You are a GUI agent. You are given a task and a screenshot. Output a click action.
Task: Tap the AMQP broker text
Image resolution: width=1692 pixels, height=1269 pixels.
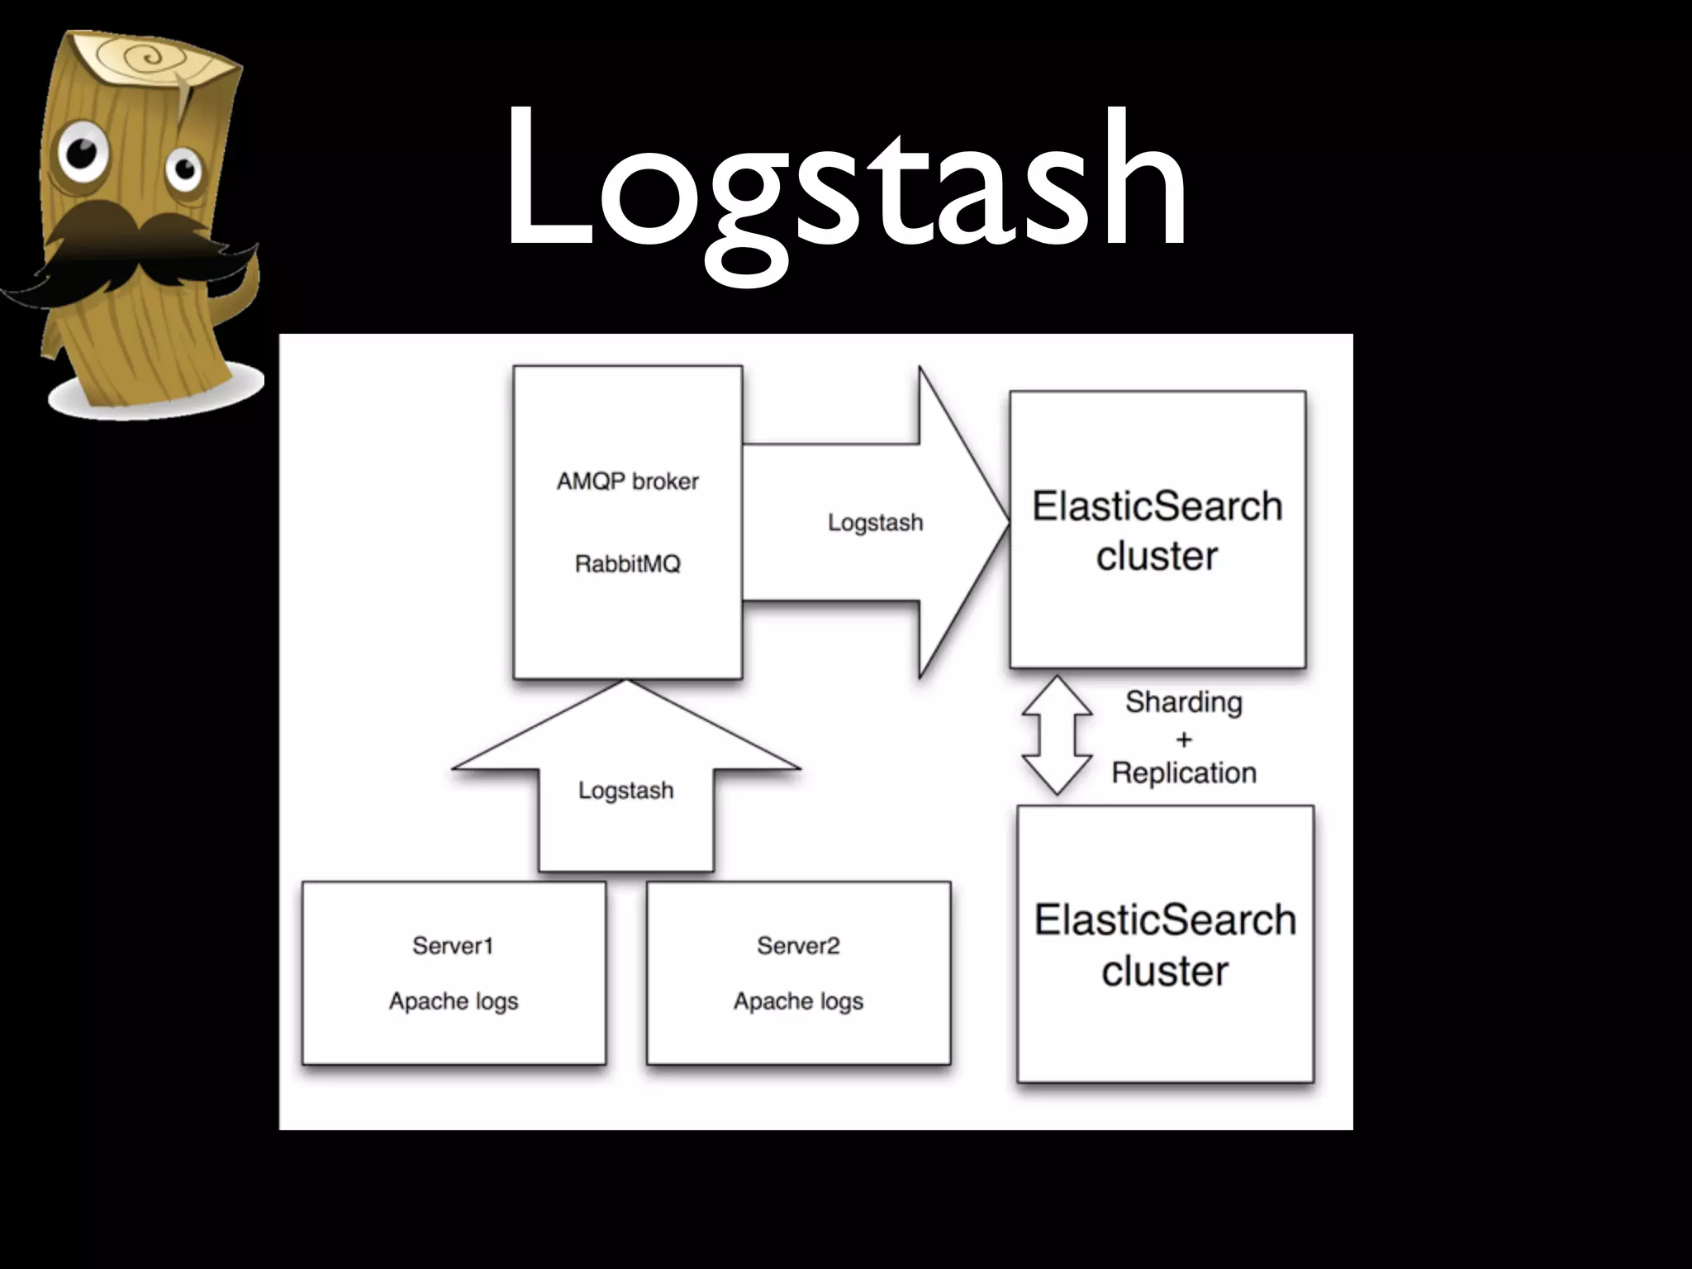[627, 481]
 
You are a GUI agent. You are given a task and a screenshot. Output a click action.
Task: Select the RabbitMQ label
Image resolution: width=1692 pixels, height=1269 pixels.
[627, 564]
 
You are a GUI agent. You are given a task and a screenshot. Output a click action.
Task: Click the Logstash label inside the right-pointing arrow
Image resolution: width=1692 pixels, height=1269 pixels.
[875, 522]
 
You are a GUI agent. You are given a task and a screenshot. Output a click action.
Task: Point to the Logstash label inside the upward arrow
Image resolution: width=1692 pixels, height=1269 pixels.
[625, 791]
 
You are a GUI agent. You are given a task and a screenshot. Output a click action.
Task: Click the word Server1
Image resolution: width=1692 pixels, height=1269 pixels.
[453, 945]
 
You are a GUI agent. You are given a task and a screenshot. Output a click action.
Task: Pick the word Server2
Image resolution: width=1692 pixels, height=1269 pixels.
[798, 945]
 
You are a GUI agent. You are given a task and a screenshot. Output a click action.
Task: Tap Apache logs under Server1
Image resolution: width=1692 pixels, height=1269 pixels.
[454, 1001]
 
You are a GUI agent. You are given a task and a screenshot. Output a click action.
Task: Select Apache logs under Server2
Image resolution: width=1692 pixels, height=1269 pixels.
[798, 1001]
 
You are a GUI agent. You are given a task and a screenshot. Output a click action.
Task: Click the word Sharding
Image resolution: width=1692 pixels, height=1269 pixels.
[1183, 702]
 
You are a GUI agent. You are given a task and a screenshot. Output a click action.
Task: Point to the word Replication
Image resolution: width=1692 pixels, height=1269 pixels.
[1183, 773]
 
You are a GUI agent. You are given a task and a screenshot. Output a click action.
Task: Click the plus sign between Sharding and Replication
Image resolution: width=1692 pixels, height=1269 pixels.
[1184, 739]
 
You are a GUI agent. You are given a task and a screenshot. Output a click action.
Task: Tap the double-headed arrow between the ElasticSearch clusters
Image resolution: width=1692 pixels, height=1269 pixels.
[1057, 735]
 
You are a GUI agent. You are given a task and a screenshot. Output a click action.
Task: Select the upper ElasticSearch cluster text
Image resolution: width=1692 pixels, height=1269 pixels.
[1157, 530]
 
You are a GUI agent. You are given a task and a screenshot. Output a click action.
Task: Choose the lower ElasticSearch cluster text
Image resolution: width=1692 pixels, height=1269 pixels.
[1165, 945]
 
